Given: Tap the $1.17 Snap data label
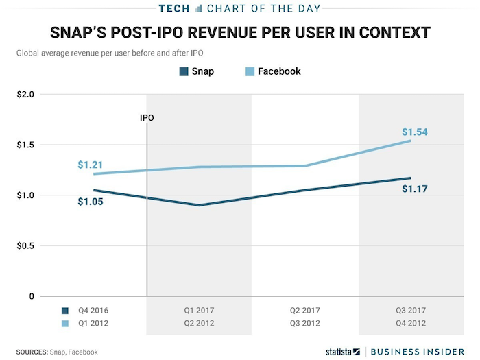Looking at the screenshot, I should [415, 189].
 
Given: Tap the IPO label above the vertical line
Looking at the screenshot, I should [147, 117].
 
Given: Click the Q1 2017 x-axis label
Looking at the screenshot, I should [199, 311].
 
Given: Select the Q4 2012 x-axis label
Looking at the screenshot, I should [412, 322].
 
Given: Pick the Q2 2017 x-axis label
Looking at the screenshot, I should [305, 311].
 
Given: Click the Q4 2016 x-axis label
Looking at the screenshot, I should [93, 311].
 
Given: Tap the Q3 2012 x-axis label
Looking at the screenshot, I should [305, 322].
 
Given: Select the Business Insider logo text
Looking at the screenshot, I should [420, 352].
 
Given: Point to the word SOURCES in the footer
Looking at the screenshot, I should [27, 352].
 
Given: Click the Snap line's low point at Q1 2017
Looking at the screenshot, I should [199, 205].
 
